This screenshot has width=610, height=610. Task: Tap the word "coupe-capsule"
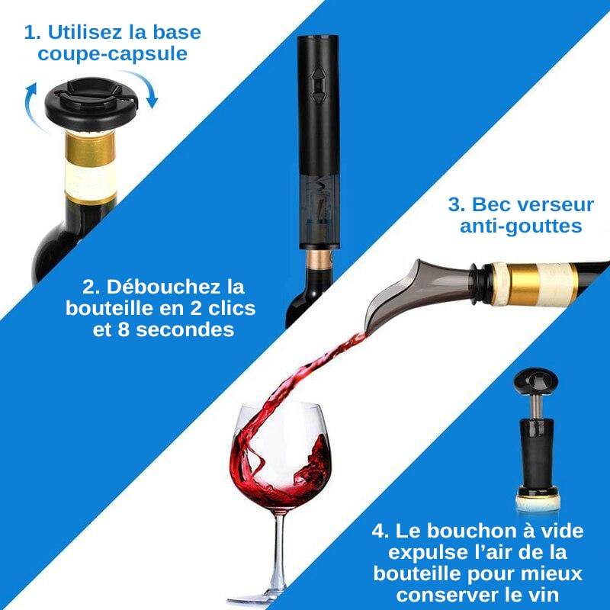point(112,53)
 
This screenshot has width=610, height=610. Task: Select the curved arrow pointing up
point(30,105)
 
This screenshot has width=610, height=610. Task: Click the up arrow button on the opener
point(318,74)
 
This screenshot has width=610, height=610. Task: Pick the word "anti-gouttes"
point(521,226)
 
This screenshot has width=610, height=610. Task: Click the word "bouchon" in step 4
point(476,531)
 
